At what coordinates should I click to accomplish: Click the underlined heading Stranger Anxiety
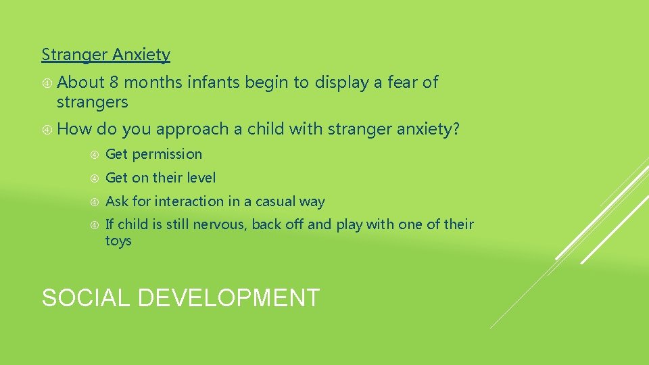[x=106, y=55]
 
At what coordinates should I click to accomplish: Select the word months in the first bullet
[x=153, y=82]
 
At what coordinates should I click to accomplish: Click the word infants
[x=213, y=82]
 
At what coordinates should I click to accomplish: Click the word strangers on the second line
[x=92, y=102]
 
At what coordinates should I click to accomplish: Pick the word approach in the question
[x=193, y=129]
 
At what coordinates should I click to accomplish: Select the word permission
[x=167, y=155]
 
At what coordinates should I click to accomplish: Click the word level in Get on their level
[x=201, y=178]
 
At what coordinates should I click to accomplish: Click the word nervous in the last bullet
[x=218, y=224]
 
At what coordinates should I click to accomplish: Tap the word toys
[x=118, y=241]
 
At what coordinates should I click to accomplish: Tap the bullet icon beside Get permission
[x=95, y=155]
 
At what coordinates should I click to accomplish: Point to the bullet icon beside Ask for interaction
[x=95, y=201]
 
